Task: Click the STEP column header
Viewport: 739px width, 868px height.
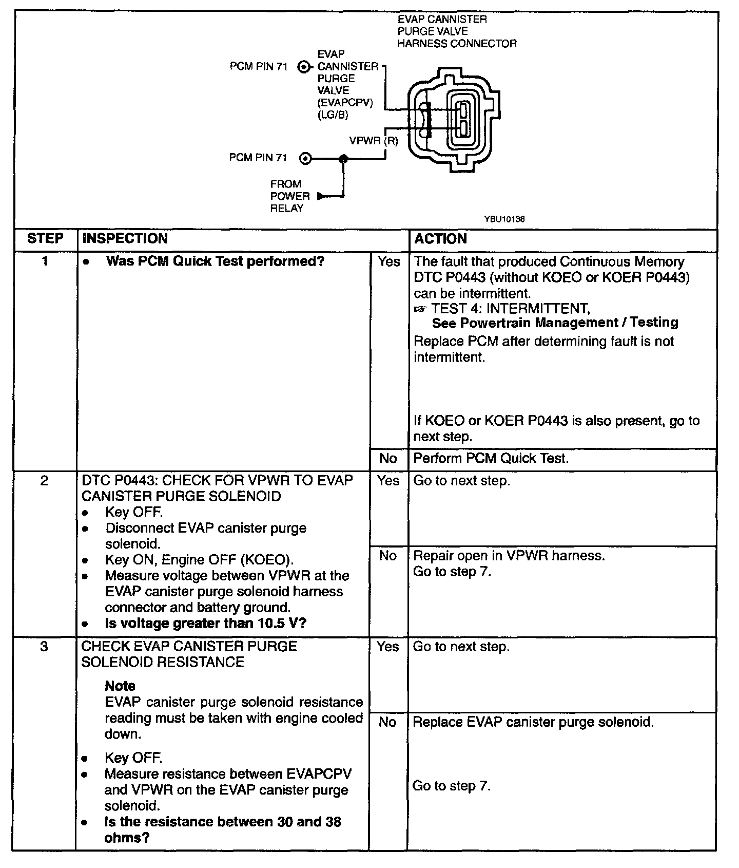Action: [x=45, y=239]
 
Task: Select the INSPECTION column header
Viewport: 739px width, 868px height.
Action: [x=125, y=239]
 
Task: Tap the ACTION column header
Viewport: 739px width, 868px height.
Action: [x=440, y=239]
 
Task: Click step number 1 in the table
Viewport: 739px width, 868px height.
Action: [x=45, y=261]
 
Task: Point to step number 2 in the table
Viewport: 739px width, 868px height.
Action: [x=44, y=481]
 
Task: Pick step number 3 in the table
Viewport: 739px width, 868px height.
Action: [x=44, y=646]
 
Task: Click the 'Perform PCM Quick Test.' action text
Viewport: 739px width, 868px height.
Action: [x=491, y=458]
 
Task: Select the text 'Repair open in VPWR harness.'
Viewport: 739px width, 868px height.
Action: [x=509, y=556]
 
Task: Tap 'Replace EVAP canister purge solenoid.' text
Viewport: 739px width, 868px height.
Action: [x=533, y=722]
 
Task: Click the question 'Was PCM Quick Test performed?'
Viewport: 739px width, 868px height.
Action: [x=215, y=261]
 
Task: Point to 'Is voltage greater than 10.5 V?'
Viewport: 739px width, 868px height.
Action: [x=205, y=624]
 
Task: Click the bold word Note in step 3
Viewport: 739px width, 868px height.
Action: [x=120, y=686]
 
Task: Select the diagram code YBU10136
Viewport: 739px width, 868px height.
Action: [x=504, y=219]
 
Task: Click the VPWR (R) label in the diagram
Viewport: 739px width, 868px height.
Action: [x=374, y=141]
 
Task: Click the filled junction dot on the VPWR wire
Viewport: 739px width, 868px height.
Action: [x=343, y=159]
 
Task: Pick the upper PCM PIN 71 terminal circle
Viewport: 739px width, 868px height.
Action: [x=304, y=67]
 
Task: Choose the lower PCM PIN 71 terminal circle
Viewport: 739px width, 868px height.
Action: [x=305, y=159]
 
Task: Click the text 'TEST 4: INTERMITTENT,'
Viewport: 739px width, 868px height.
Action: [x=511, y=309]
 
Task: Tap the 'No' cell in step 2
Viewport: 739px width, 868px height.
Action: [x=388, y=556]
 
